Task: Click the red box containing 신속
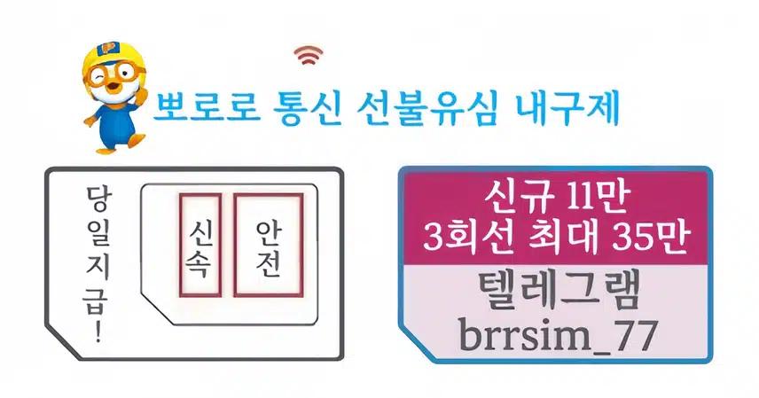coord(200,245)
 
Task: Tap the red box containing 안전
coord(268,245)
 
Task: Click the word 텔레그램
coord(557,293)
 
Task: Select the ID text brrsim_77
coord(557,336)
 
